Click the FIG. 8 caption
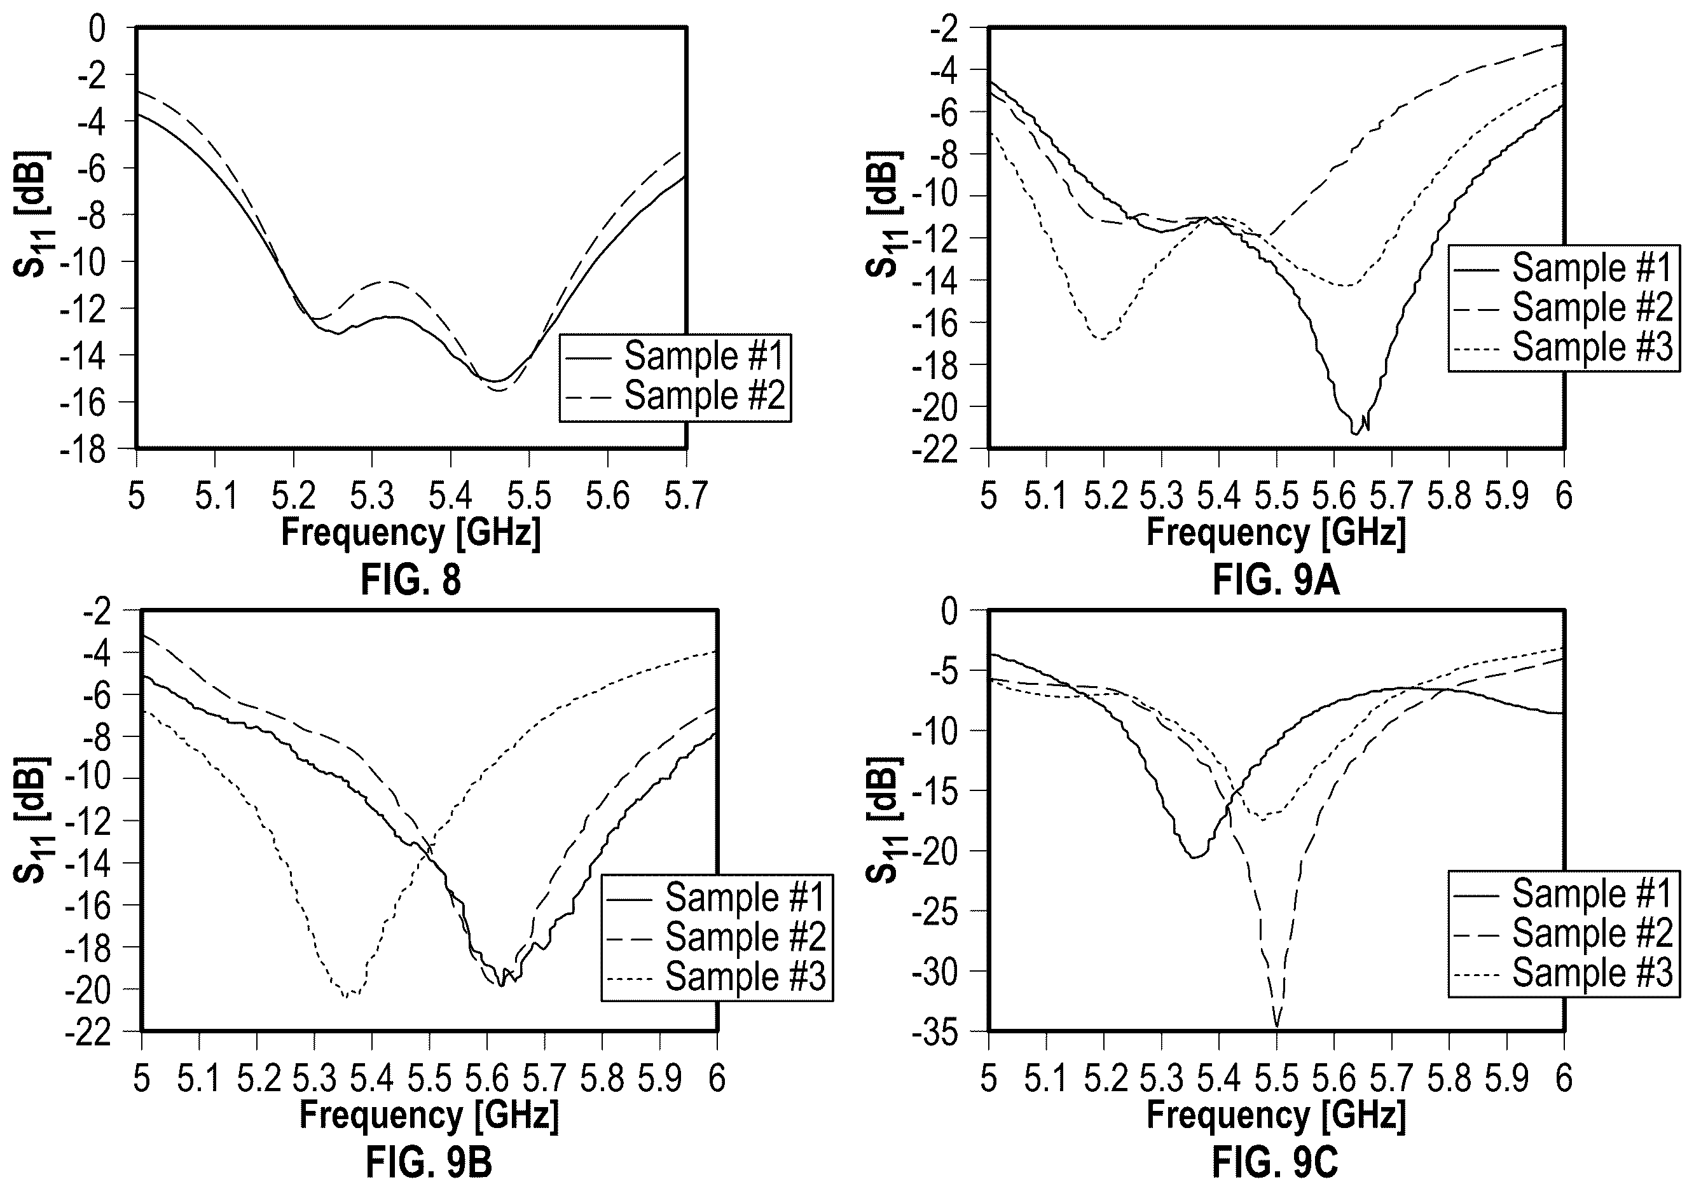[x=411, y=579]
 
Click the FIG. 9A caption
[x=1276, y=580]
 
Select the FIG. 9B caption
[x=429, y=1163]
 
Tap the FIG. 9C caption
[x=1275, y=1163]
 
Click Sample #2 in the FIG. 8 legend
[x=705, y=396]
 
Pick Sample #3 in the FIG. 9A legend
[x=1592, y=347]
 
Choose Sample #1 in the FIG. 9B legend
[x=745, y=897]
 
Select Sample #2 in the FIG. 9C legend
[x=1592, y=933]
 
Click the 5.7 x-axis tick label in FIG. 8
[x=686, y=496]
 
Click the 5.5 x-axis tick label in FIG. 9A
[x=1276, y=496]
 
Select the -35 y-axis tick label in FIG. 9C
[x=935, y=1031]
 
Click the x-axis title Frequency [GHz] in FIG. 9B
[x=429, y=1114]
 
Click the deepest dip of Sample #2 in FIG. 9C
[x=1276, y=1026]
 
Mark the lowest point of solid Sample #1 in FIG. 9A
[x=1355, y=433]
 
